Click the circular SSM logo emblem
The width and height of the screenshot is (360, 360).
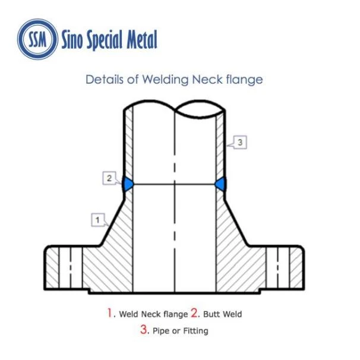click(37, 39)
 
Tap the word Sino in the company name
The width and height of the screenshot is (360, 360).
click(72, 40)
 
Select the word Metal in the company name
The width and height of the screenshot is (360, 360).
click(142, 39)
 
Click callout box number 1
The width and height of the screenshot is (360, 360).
click(98, 220)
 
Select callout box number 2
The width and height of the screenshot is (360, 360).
click(109, 178)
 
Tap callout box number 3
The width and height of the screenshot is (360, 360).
click(240, 143)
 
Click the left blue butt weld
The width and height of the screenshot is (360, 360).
click(128, 184)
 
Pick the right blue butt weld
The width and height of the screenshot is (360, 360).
click(220, 184)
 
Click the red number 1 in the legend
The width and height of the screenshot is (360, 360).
click(109, 312)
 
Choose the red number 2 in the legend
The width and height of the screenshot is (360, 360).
click(194, 312)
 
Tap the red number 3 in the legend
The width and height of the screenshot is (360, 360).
click(144, 330)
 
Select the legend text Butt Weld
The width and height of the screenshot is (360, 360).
click(222, 314)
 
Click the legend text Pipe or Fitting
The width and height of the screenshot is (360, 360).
click(181, 331)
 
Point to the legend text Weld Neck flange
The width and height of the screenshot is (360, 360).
click(153, 314)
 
